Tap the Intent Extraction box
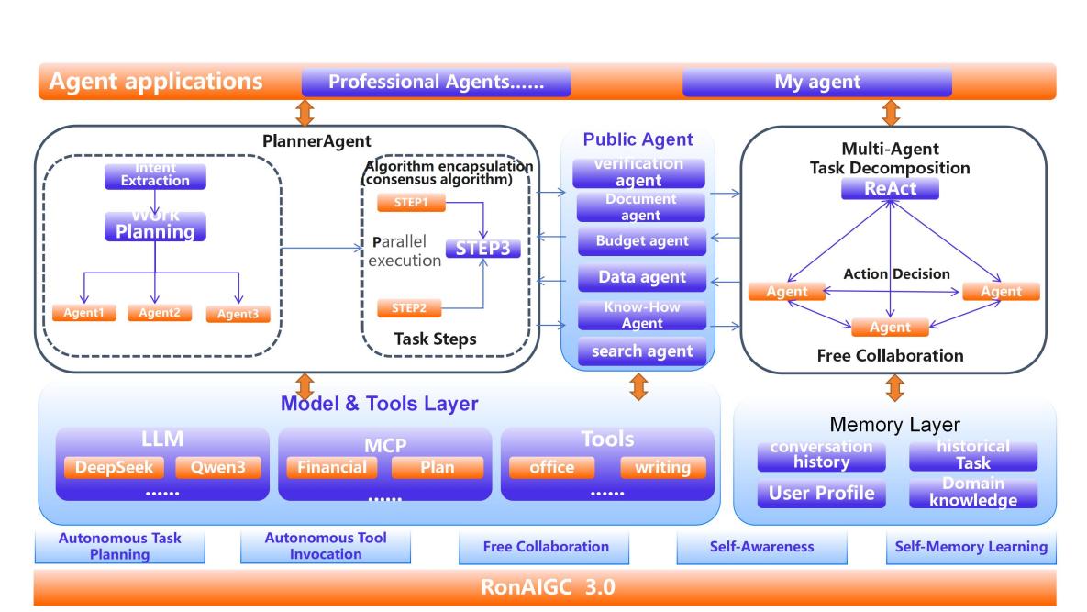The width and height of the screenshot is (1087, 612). click(x=155, y=176)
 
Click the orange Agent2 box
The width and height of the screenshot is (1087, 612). click(x=160, y=313)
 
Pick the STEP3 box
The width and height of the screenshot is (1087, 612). click(x=482, y=249)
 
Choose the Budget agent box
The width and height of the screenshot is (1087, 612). click(x=642, y=242)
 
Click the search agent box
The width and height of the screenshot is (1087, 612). click(x=642, y=351)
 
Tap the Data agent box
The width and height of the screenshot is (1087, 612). click(x=642, y=276)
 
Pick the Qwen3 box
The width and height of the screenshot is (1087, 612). click(x=216, y=468)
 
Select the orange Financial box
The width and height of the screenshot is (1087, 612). click(x=332, y=468)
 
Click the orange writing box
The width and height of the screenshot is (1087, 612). click(x=663, y=468)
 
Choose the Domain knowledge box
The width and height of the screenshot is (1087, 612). click(x=973, y=493)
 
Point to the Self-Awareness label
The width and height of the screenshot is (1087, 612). click(x=761, y=547)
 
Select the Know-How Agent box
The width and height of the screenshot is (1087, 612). click(x=642, y=315)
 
